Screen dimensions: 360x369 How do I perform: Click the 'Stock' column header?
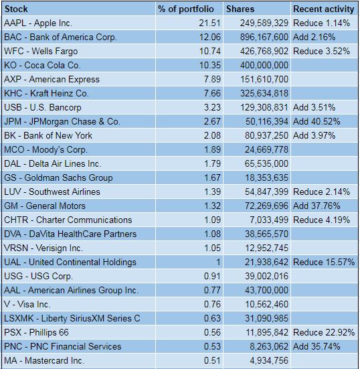(16, 9)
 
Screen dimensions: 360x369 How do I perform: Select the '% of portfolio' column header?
(186, 9)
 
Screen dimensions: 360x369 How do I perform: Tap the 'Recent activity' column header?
(324, 9)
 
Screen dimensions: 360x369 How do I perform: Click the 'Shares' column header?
(240, 9)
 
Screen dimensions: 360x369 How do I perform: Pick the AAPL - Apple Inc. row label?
(38, 23)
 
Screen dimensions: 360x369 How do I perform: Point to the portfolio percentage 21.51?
(209, 23)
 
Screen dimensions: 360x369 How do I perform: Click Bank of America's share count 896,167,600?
(264, 38)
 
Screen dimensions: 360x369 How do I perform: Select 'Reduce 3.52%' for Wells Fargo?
(321, 51)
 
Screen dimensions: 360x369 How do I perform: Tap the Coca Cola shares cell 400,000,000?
(264, 65)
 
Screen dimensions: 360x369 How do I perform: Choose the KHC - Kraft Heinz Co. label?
(46, 94)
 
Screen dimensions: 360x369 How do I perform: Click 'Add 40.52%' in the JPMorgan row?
(317, 121)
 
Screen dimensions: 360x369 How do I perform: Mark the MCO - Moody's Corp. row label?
(46, 149)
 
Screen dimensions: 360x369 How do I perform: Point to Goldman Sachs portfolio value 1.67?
(212, 177)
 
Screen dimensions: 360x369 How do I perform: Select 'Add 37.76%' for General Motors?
(317, 206)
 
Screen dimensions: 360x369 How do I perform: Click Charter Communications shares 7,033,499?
(269, 220)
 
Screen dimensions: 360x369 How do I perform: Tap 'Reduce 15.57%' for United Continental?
(324, 262)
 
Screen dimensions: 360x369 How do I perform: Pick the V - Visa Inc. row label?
(27, 304)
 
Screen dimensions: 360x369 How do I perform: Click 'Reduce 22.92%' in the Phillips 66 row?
(324, 332)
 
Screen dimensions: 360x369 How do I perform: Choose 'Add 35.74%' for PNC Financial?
(317, 346)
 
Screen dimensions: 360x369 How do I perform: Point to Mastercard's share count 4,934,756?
(269, 360)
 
